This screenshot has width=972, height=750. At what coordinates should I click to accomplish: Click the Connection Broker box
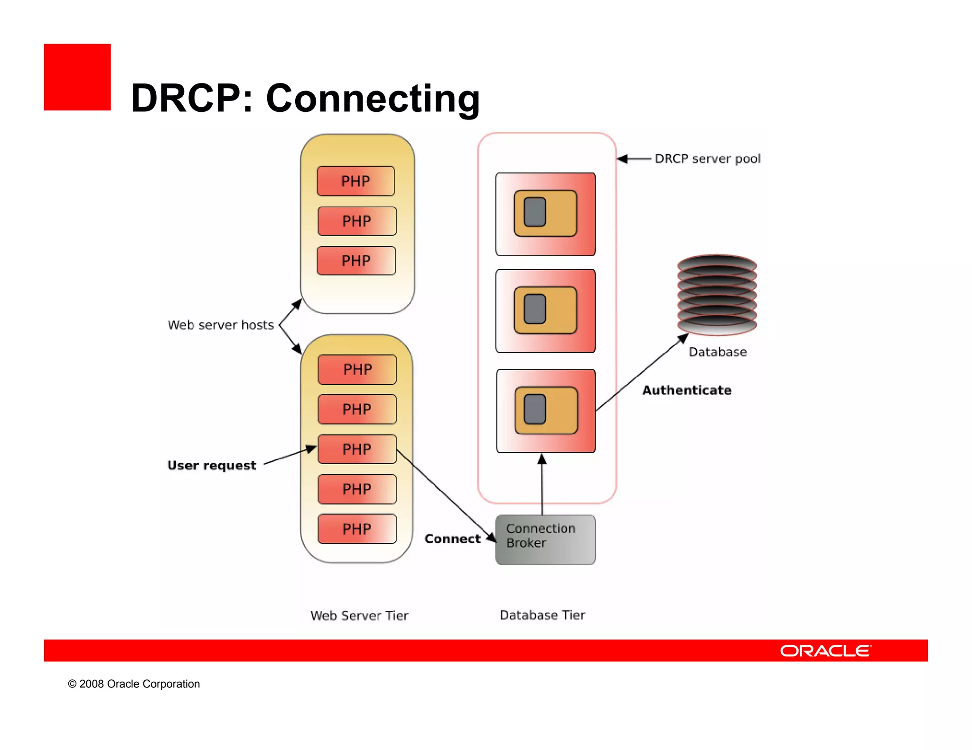pos(545,540)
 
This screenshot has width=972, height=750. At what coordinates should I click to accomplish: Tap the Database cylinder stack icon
pos(717,294)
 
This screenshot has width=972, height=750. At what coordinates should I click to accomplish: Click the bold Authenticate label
pos(687,390)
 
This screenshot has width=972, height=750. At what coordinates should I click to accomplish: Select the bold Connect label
pos(452,539)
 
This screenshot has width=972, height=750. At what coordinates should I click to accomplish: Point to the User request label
pos(212,465)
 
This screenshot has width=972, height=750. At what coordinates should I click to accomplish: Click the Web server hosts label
pos(221,325)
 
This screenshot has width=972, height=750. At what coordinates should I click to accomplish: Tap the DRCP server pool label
pos(708,159)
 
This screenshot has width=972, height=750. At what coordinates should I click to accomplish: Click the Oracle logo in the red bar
pos(825,650)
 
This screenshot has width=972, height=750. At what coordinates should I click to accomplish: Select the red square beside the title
pos(77,77)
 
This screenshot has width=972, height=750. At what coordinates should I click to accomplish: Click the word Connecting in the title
pos(373,98)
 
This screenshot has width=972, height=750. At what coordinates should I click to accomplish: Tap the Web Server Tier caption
pos(359,615)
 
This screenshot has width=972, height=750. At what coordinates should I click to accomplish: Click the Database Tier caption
pos(542,615)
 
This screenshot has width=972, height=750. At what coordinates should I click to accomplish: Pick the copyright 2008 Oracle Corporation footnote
pos(134,684)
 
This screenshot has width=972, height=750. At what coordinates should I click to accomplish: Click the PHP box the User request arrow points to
pos(357,449)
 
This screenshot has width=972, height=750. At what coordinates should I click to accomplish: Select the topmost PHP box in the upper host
pos(355,181)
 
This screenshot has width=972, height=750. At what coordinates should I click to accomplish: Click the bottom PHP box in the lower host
pos(357,529)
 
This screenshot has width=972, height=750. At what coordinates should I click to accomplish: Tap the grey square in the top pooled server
pos(535,212)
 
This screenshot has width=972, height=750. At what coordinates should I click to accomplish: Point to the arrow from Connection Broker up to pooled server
pos(542,484)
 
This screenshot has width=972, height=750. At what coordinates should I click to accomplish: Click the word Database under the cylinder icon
pos(717,352)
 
